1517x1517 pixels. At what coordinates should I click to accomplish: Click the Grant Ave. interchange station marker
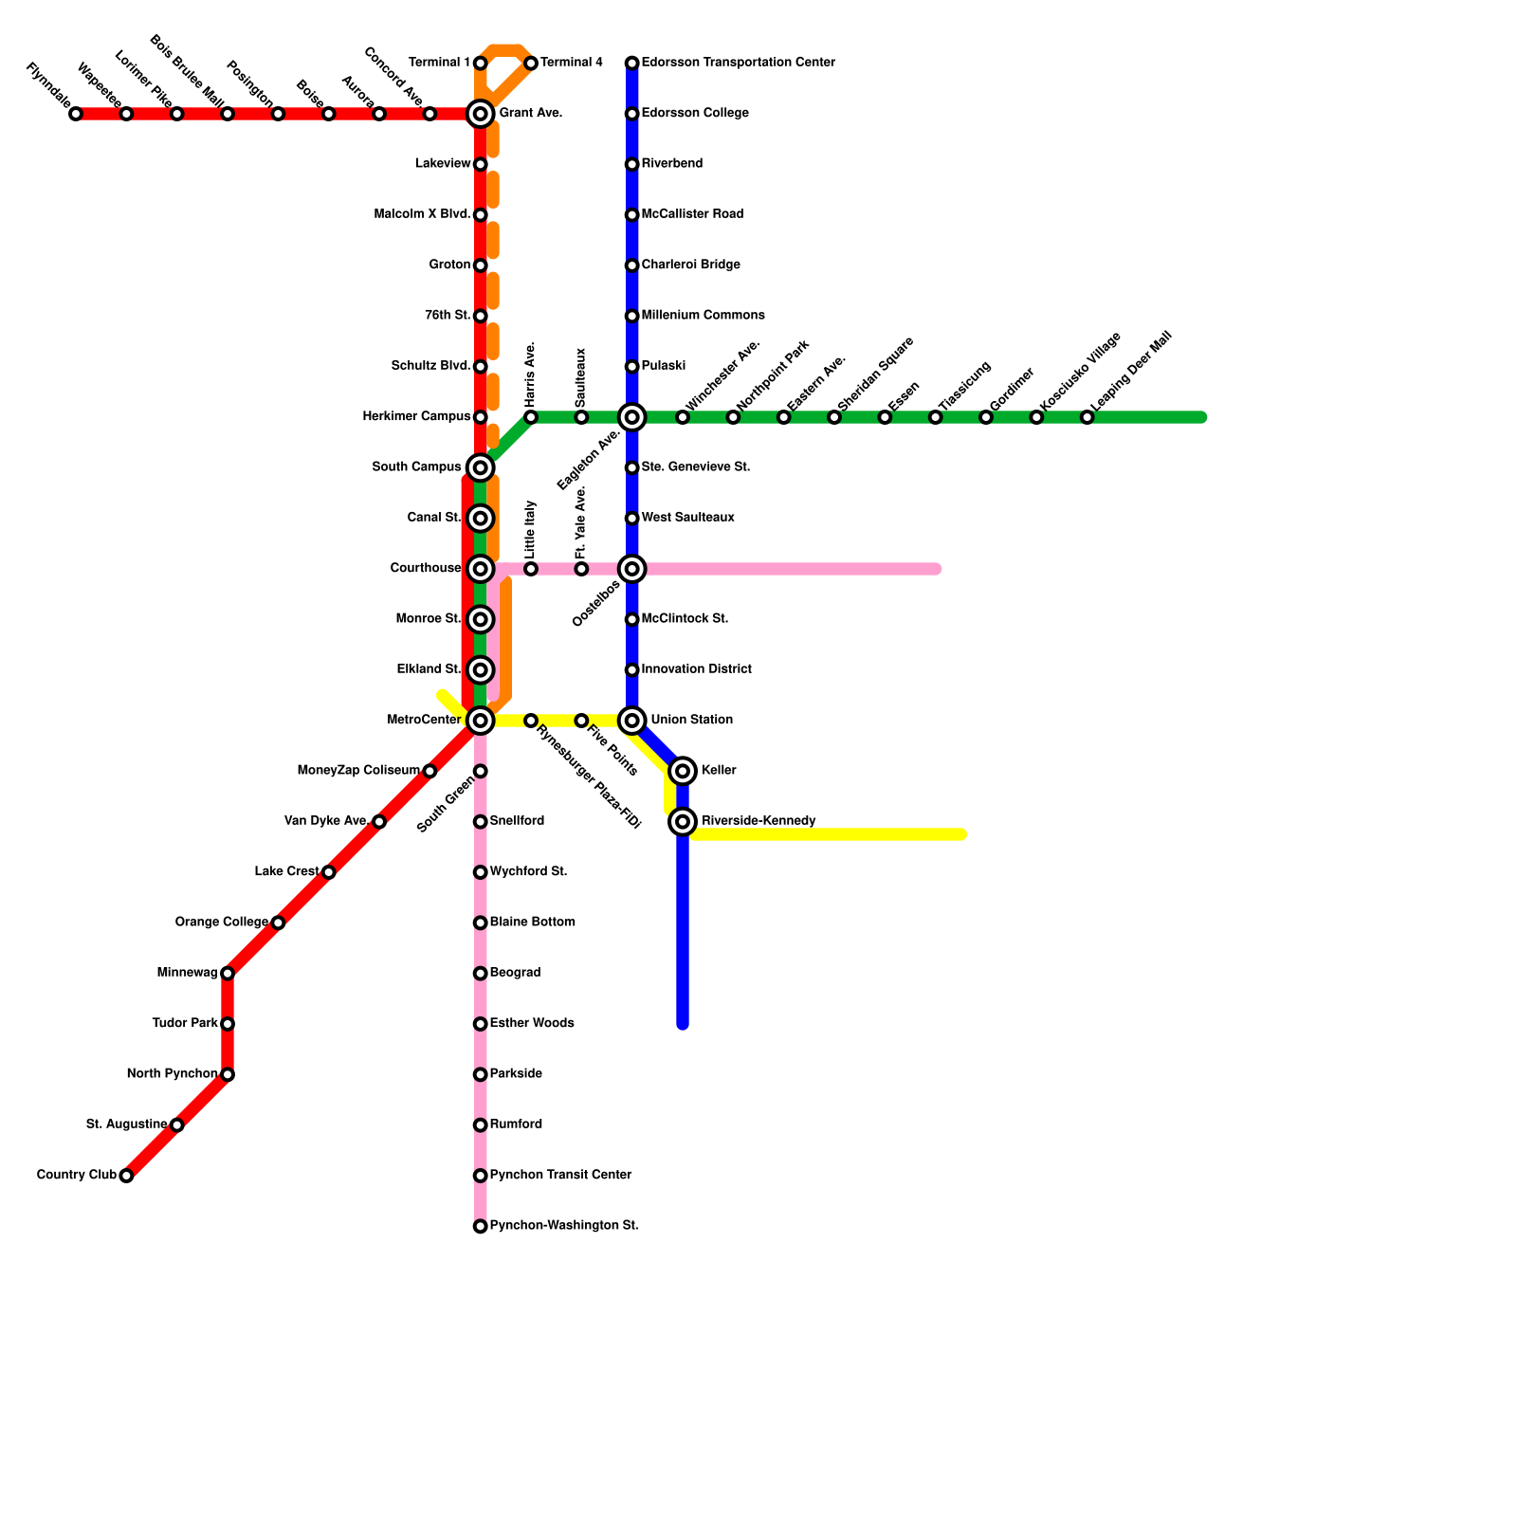coord(481,114)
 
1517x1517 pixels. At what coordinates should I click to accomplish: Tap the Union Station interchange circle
coord(632,721)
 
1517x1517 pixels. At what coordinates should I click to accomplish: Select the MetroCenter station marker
coord(481,721)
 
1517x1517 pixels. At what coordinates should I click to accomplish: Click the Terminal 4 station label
coord(572,64)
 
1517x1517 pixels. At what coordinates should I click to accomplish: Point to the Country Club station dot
coord(126,1176)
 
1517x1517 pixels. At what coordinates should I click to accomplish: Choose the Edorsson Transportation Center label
coord(738,64)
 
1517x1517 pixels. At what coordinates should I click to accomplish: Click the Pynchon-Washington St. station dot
coord(481,1227)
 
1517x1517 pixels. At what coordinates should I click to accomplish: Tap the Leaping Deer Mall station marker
coord(1087,417)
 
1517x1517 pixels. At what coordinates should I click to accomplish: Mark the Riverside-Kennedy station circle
coord(683,822)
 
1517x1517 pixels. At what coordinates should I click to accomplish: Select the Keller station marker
coord(683,771)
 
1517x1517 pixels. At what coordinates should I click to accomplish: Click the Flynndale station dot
coord(76,114)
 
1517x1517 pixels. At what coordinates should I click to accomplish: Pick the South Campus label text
coord(416,467)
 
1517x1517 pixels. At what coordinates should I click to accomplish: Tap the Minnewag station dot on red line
coord(228,974)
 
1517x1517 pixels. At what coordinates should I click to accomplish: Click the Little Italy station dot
coord(531,569)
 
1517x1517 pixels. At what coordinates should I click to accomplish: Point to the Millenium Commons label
coord(703,316)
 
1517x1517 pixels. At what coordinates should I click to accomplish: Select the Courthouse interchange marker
coord(481,569)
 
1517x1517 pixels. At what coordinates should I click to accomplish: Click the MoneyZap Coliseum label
coord(357,770)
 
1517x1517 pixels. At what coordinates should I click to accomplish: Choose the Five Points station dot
coord(581,721)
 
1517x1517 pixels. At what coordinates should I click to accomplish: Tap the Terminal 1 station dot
coord(481,64)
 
